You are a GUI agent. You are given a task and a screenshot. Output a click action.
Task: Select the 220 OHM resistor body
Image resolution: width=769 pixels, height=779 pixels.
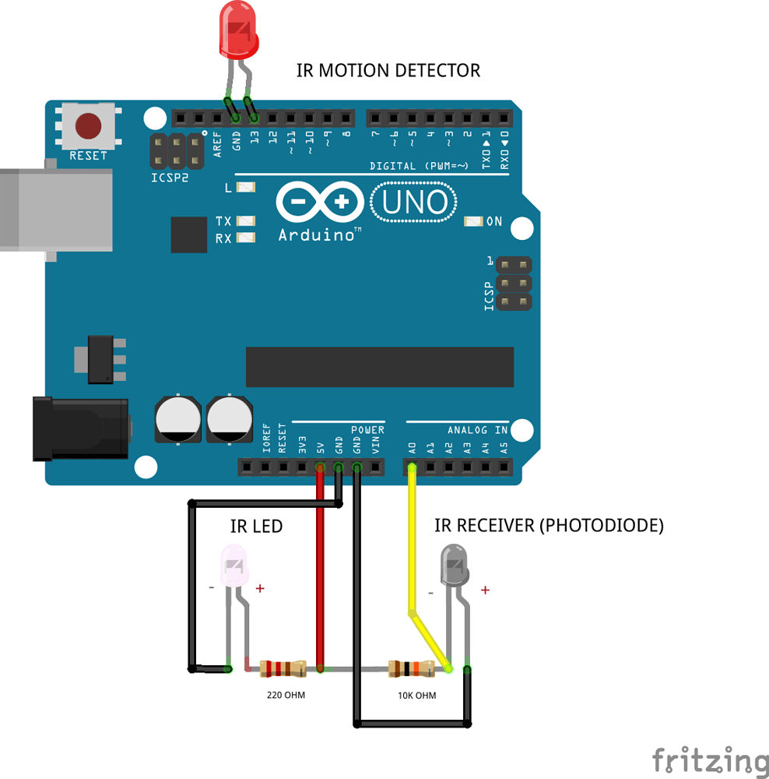283,668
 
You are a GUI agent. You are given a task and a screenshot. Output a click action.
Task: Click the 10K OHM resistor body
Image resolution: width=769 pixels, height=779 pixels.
412,668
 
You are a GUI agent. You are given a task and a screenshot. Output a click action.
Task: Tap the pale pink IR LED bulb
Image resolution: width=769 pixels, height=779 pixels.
234,566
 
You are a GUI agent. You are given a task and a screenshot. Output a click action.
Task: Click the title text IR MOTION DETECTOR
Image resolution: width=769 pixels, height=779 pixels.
388,70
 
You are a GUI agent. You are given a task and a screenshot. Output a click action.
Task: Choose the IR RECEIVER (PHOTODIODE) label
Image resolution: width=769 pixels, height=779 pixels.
549,526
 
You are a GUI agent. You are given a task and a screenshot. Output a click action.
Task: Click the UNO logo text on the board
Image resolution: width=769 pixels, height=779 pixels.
414,203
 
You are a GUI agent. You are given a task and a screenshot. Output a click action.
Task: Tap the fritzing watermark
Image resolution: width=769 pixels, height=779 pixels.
709,760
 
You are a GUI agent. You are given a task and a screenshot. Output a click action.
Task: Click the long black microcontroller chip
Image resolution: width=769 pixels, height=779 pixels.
380,367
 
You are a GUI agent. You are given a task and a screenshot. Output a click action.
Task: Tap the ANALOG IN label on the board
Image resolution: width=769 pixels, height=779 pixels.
477,430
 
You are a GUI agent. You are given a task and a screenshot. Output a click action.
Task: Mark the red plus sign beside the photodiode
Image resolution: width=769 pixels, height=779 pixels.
485,590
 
